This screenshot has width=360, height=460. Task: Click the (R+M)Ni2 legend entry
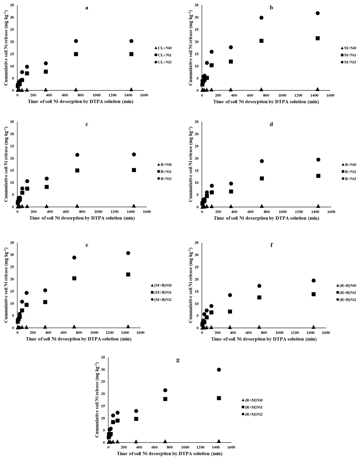tap(253, 414)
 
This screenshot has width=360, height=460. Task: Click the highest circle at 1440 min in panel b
tap(318, 13)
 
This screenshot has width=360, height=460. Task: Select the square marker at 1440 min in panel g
tap(219, 398)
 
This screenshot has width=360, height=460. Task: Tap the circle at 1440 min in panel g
tap(219, 370)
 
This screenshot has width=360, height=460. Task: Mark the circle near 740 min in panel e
tap(74, 258)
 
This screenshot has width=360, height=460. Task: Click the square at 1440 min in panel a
tap(131, 54)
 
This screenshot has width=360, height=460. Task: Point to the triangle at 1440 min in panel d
tap(318, 206)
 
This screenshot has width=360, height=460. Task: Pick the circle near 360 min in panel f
tap(230, 295)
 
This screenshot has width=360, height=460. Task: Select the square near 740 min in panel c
tap(77, 171)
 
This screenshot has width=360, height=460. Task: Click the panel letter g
tap(178, 360)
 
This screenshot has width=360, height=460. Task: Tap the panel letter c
tap(87, 124)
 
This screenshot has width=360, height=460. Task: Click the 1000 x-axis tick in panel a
tap(97, 95)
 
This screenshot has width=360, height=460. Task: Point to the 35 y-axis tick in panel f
tap(196, 243)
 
